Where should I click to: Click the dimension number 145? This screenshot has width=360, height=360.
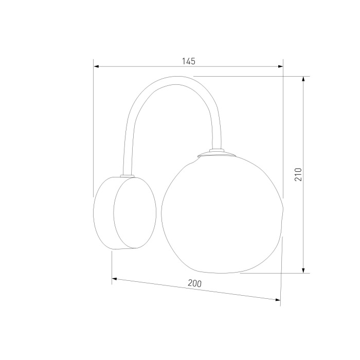(x=189, y=61)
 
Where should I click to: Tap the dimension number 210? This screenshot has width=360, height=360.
(x=298, y=174)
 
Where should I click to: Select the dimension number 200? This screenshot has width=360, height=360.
(x=195, y=283)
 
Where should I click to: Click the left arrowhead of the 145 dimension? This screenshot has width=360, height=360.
(x=97, y=66)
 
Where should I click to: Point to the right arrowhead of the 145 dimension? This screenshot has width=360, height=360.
(x=280, y=66)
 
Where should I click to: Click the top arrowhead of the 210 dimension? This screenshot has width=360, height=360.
(x=303, y=79)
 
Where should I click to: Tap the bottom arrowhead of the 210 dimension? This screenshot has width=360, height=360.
(x=303, y=271)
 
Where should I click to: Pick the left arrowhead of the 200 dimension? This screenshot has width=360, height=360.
(x=115, y=279)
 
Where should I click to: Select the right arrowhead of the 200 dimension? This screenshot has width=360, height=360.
(x=278, y=300)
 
